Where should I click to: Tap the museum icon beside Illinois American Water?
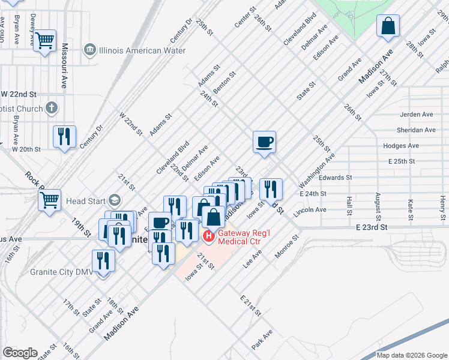point(90,49)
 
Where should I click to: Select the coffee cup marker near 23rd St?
point(264,143)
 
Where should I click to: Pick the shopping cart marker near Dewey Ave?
point(44,41)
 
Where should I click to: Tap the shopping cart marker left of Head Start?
point(50,200)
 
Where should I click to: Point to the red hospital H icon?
point(209,236)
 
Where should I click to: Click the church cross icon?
point(52,109)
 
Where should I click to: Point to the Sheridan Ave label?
point(416,130)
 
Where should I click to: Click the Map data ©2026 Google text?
point(412,355)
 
